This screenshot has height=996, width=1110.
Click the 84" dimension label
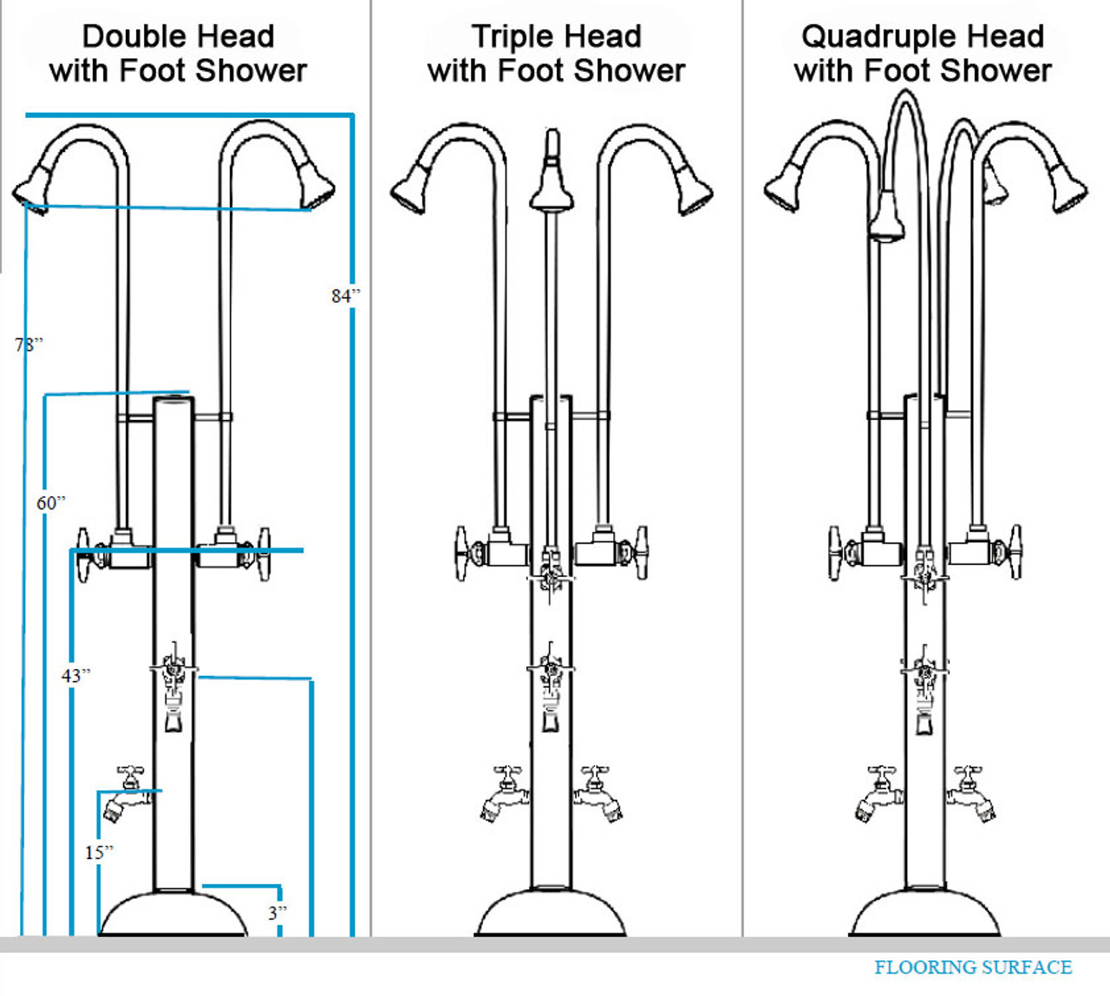click(345, 296)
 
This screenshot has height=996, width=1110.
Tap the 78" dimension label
click(28, 344)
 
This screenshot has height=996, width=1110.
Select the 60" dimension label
click(50, 502)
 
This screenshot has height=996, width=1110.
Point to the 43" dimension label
click(75, 675)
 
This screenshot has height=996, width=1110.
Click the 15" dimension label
click(99, 852)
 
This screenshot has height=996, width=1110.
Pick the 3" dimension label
click(277, 912)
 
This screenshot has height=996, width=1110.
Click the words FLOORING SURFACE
click(972, 967)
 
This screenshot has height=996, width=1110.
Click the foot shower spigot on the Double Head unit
click(124, 796)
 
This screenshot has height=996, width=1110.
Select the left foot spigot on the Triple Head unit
click(502, 794)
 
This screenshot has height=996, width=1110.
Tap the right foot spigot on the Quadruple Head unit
click(973, 794)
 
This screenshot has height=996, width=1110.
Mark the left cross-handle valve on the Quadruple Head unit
click(838, 552)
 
